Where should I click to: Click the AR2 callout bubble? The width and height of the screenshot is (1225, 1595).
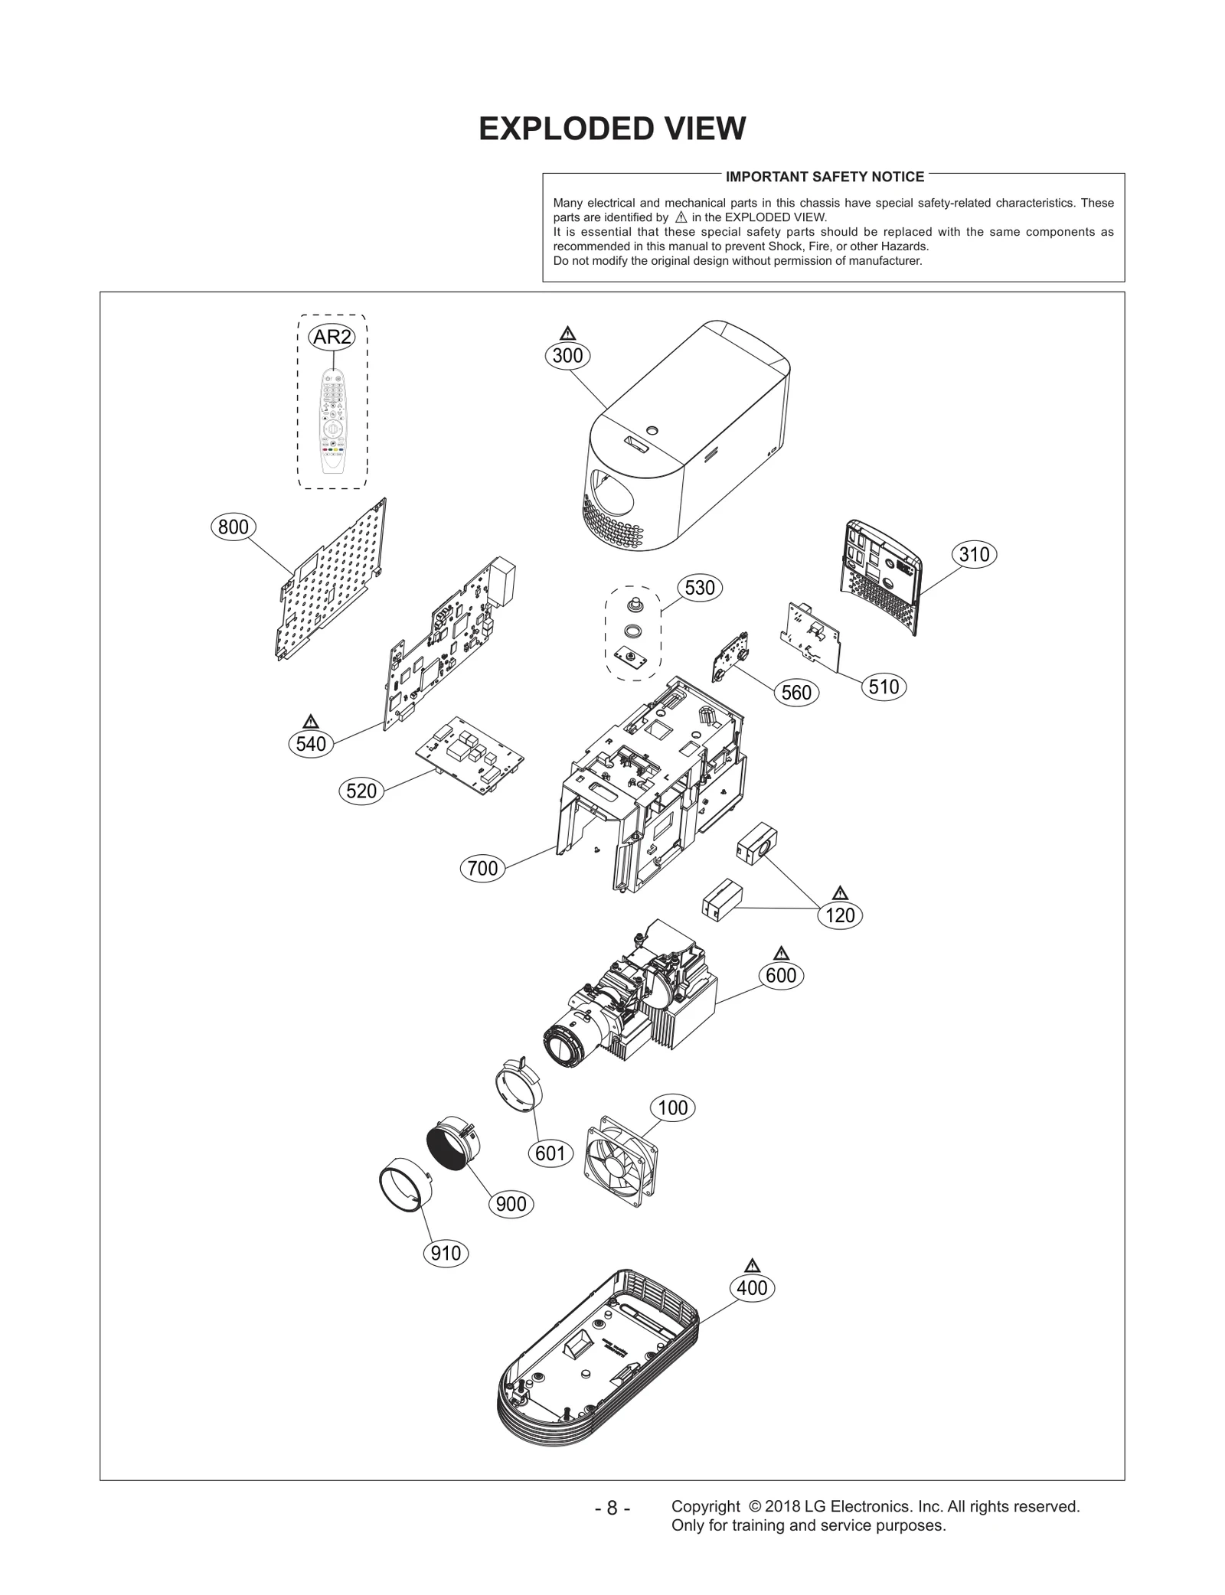coord(332,337)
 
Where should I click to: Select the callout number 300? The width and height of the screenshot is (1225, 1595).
coord(567,356)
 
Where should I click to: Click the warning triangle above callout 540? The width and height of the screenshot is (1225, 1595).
coord(310,721)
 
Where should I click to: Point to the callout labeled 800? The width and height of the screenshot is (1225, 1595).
coord(233,527)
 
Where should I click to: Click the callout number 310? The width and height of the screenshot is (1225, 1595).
coord(974,555)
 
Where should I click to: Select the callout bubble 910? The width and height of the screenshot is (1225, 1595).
coord(446,1253)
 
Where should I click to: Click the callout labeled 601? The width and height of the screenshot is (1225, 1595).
coord(550,1153)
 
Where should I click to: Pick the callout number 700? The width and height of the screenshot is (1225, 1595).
coord(482,869)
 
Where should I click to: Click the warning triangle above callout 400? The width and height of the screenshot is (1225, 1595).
coord(751,1265)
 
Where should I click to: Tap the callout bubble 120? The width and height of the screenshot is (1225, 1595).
coord(840,915)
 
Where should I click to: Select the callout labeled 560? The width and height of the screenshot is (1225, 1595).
coord(796,693)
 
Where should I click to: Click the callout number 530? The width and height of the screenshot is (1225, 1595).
coord(700,588)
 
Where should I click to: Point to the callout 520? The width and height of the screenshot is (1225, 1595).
coord(361,791)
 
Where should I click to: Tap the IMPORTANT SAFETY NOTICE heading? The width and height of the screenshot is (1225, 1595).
coord(825,177)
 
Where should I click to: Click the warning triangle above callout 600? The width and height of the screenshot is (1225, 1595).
coord(781,953)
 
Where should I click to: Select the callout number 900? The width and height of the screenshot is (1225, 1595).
coord(511,1204)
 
